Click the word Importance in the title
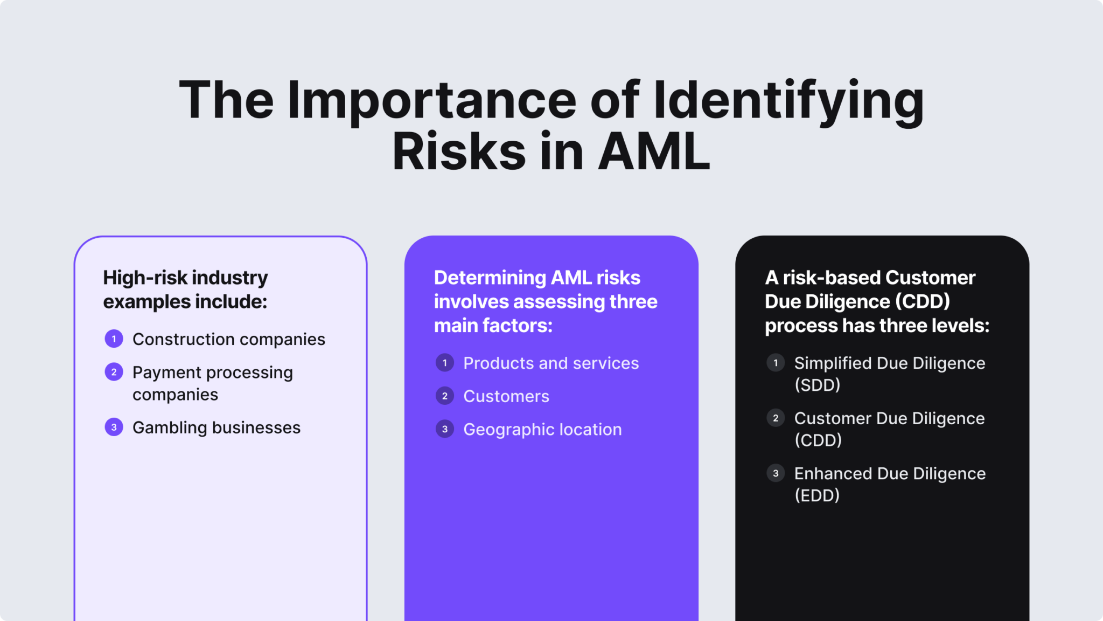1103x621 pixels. coord(431,101)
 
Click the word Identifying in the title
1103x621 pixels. coord(788,101)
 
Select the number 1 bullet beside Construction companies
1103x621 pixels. coord(114,339)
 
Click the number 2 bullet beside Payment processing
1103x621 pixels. coord(114,372)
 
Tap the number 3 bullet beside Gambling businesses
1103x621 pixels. coord(114,427)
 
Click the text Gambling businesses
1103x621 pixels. coord(216,427)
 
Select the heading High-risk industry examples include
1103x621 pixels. coord(185,289)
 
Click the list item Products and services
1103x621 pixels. coord(551,363)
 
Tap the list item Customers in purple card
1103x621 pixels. coord(506,396)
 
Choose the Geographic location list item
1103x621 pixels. coord(542,430)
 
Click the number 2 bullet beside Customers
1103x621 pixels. coord(445,396)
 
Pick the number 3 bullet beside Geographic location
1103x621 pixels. coord(445,430)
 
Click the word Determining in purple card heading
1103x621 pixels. coord(490,278)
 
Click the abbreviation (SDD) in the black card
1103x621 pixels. coord(817,385)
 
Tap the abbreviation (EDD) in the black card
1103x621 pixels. coord(817,495)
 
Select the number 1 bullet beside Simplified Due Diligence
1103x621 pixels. coord(776,363)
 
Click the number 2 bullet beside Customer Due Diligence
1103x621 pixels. coord(776,418)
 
